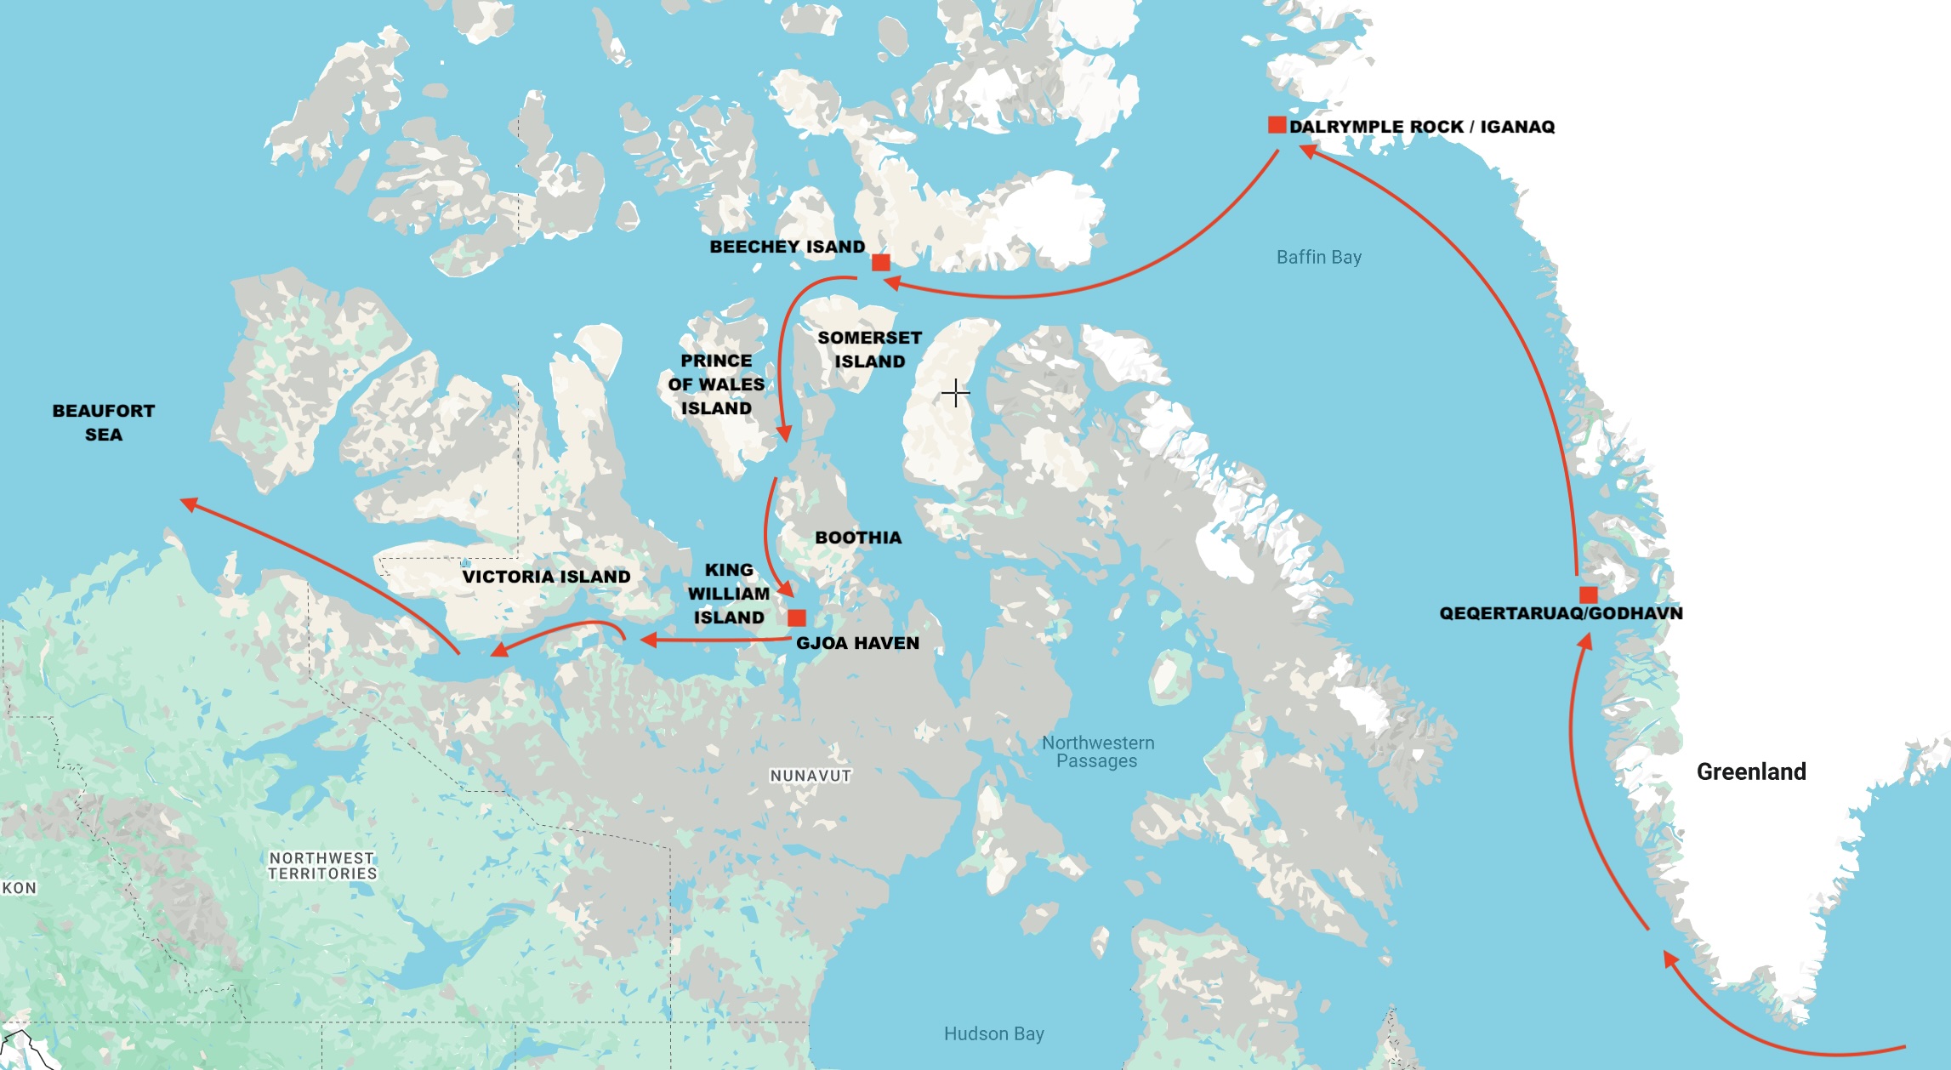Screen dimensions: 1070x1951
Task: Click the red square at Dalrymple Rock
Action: tap(1276, 125)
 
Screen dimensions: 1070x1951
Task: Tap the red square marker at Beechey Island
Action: tap(881, 262)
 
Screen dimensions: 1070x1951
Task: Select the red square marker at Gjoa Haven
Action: tap(797, 618)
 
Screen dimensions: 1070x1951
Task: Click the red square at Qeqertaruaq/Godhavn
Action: tap(1588, 595)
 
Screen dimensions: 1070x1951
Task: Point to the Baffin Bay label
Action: tap(1318, 257)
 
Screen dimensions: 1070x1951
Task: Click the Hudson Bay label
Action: tap(993, 1033)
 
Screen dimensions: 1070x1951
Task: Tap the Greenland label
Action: tap(1750, 771)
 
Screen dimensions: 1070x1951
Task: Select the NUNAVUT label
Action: tap(810, 776)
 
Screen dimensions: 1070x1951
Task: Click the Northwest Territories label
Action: tap(322, 866)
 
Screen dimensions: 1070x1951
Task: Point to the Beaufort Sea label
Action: tap(104, 422)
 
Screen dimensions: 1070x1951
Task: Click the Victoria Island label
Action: tap(546, 577)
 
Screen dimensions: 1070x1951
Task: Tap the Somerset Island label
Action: tap(869, 349)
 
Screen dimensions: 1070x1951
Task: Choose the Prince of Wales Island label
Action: tap(716, 384)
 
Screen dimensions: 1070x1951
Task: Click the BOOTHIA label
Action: tap(858, 538)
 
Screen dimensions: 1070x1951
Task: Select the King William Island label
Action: tap(729, 594)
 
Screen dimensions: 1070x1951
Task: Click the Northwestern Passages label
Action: tap(1098, 752)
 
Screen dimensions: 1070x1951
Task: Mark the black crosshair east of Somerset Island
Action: tap(956, 393)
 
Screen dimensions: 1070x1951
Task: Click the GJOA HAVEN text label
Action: tap(857, 643)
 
